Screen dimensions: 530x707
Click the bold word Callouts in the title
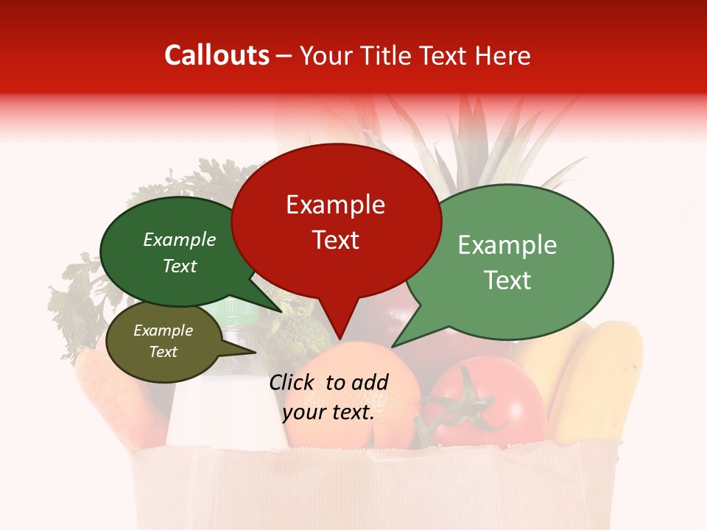pyautogui.click(x=217, y=55)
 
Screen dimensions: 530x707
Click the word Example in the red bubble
pyautogui.click(x=336, y=205)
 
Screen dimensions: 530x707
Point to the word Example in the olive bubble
pyautogui.click(x=163, y=331)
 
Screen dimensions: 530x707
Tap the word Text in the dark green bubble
pyautogui.click(x=180, y=266)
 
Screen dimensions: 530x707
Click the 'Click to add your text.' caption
pyautogui.click(x=328, y=397)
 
